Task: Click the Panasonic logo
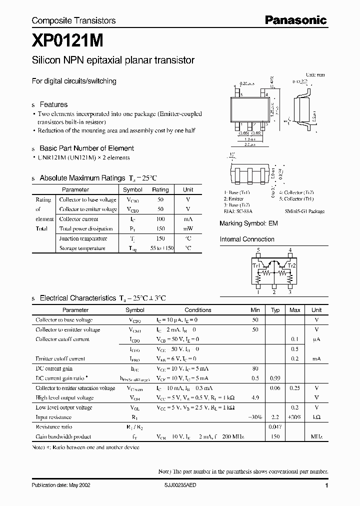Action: pos(295,20)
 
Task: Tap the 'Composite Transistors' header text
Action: pos(73,20)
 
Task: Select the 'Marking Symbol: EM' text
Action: pos(248,223)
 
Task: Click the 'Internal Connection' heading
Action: pos(247,239)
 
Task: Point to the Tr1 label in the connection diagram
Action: pos(256,265)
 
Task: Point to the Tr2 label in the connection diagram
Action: pos(291,265)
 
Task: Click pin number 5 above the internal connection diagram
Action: pos(258,249)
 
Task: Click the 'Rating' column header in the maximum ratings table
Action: pos(160,190)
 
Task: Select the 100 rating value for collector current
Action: pos(160,219)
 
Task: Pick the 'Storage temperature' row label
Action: pos(82,248)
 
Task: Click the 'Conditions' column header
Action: pos(198,310)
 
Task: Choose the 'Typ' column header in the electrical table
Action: pos(275,310)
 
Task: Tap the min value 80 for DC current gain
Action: pos(255,368)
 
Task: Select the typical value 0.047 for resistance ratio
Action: pos(274,427)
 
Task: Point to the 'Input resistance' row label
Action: pos(53,417)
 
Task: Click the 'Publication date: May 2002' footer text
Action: pos(61,485)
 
